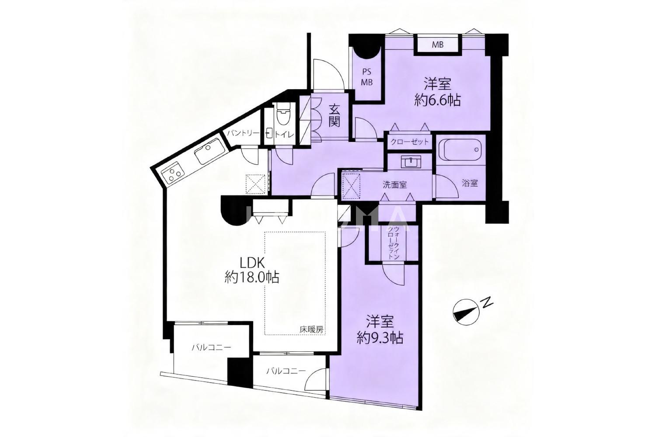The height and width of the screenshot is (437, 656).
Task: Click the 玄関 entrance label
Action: click(x=334, y=116)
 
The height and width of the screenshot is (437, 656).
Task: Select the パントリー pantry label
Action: click(x=243, y=133)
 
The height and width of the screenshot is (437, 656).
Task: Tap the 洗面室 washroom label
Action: click(x=394, y=185)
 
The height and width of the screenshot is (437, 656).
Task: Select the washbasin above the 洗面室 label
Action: click(x=411, y=162)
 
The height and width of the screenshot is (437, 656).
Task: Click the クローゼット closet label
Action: click(x=410, y=142)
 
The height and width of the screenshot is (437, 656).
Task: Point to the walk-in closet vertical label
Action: click(x=393, y=242)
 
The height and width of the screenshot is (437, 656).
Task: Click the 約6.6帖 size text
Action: click(x=437, y=100)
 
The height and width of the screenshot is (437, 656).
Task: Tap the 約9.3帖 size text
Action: click(x=380, y=338)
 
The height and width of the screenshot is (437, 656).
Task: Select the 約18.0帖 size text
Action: click(x=252, y=277)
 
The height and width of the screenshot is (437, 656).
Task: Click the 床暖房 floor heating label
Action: click(x=311, y=329)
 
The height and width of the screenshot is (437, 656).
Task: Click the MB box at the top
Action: click(x=437, y=45)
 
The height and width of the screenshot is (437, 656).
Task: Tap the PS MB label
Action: click(x=366, y=77)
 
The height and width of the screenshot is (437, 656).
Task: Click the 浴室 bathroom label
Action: click(x=470, y=184)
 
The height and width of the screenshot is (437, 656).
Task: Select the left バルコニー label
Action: click(x=211, y=347)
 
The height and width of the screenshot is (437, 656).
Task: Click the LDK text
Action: click(x=252, y=263)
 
